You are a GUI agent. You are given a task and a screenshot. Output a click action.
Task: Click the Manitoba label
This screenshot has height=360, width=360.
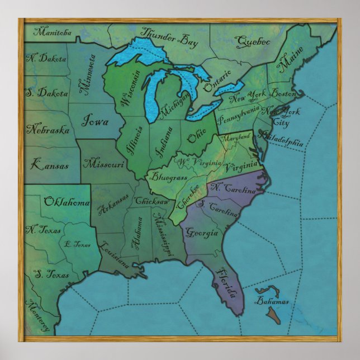pyautogui.click(x=53, y=32)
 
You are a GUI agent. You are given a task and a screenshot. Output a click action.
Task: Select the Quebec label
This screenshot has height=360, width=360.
pyautogui.click(x=253, y=41)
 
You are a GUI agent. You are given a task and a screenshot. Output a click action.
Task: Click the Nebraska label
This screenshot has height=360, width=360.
pyautogui.click(x=48, y=130)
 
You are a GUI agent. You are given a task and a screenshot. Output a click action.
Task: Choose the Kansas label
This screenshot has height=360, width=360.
pyautogui.click(x=50, y=165)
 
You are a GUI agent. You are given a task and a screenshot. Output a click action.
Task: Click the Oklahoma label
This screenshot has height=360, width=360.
pyautogui.click(x=67, y=202)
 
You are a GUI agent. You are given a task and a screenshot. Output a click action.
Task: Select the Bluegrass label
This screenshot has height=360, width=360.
pyautogui.click(x=166, y=181)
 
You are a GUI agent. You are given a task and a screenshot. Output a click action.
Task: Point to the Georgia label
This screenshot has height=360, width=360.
pyautogui.click(x=201, y=232)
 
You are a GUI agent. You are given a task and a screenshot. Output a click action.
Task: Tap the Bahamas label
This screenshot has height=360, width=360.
pyautogui.click(x=272, y=301)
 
